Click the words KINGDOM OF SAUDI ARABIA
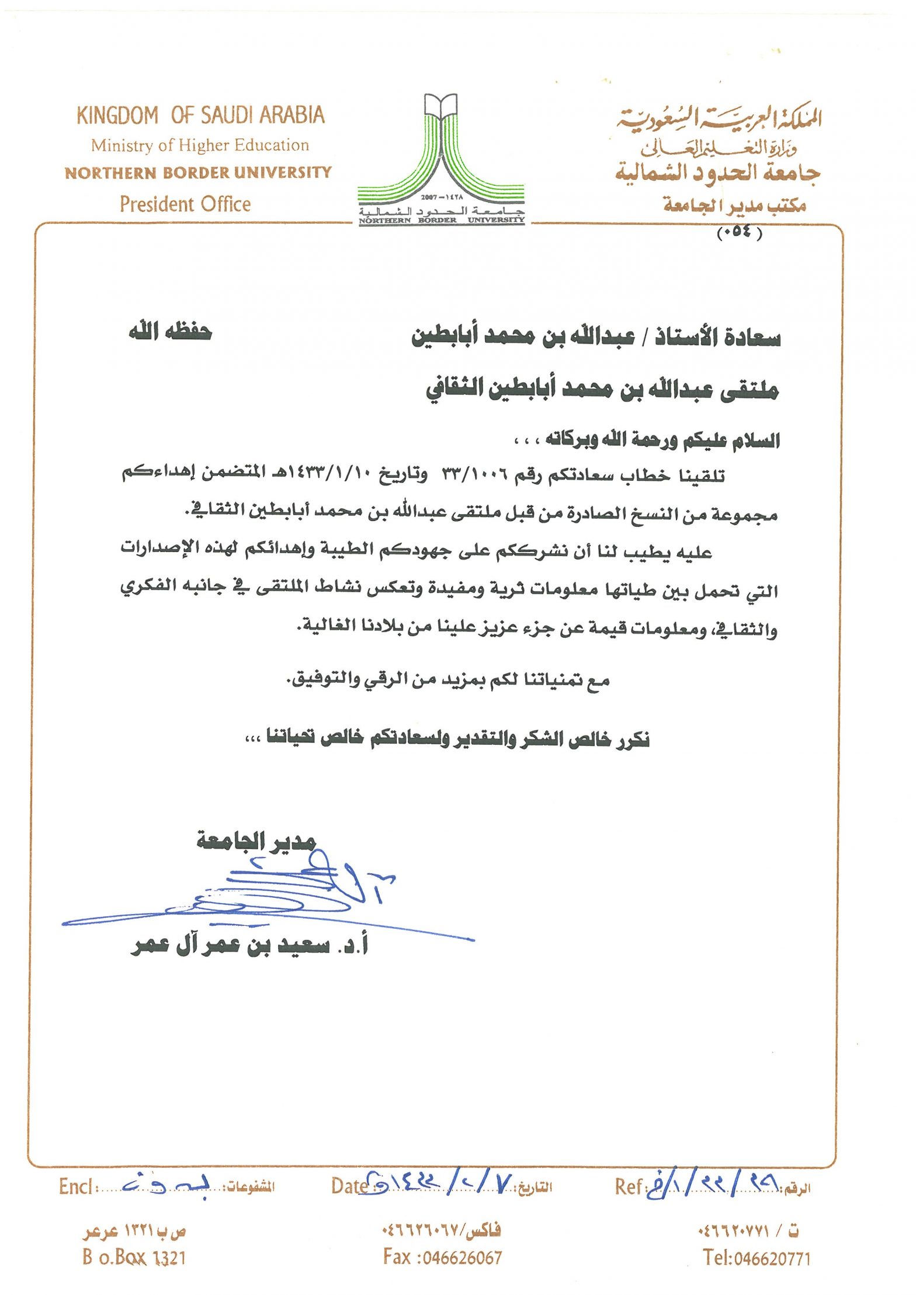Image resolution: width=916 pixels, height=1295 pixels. pos(200,115)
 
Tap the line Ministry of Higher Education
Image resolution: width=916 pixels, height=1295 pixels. pos(200,145)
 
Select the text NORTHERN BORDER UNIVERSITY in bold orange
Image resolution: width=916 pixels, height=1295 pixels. pos(198,173)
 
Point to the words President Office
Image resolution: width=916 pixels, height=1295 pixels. pos(185,204)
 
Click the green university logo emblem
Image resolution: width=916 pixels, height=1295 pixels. pos(441,152)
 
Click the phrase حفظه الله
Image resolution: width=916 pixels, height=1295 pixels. pos(170,332)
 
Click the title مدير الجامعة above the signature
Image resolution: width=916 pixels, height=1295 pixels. pos(256,841)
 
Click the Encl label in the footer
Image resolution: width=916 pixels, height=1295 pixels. pos(77,1187)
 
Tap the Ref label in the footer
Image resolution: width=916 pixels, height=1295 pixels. pos(628,1186)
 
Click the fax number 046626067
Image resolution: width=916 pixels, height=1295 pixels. pos(443,1256)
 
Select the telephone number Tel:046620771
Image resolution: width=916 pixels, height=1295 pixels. pos(757,1257)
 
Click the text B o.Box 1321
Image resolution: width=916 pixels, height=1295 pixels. pos(134,1256)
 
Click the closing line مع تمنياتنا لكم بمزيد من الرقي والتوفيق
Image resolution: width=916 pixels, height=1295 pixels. pos(448,680)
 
